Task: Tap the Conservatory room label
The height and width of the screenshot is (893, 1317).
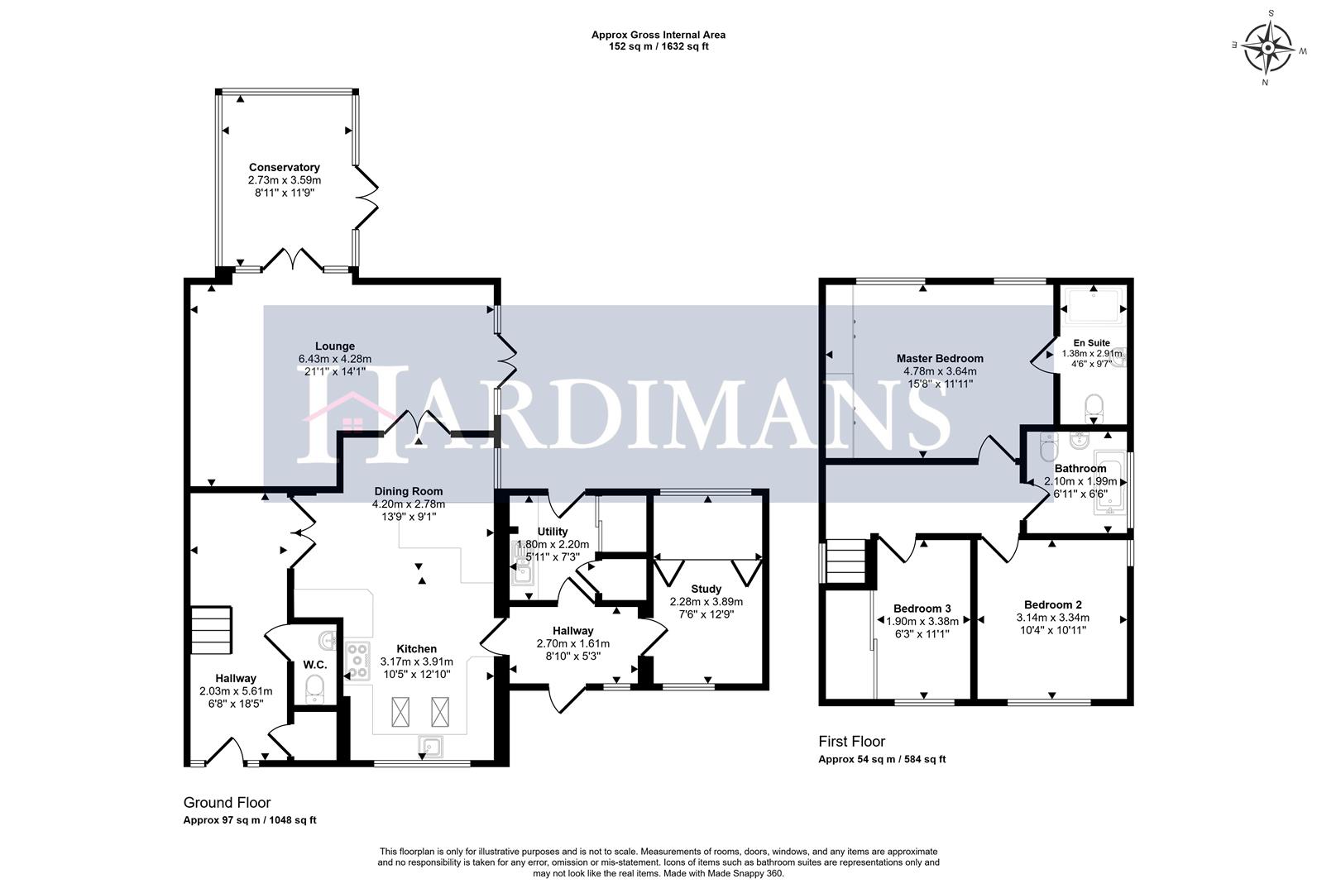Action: pos(284,168)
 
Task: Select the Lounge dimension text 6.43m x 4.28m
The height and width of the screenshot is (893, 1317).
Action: pos(334,359)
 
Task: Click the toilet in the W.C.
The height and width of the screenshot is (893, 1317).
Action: pos(314,689)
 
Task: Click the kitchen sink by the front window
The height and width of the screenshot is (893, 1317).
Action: pos(430,747)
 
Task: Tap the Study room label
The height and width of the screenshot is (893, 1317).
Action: pos(706,590)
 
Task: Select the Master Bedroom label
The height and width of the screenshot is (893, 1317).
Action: pos(940,359)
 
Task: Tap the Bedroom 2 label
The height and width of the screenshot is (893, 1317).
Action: pos(1052,604)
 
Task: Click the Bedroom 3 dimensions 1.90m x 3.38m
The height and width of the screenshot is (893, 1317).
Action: pos(922,622)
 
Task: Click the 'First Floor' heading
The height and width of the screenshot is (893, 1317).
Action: pos(851,742)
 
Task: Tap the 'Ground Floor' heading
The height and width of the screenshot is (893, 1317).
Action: pos(227,803)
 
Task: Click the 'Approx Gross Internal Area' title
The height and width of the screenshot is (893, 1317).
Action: pos(658,35)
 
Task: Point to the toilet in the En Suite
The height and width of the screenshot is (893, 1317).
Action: pos(1094,406)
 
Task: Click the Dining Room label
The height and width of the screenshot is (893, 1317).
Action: pos(408,491)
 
